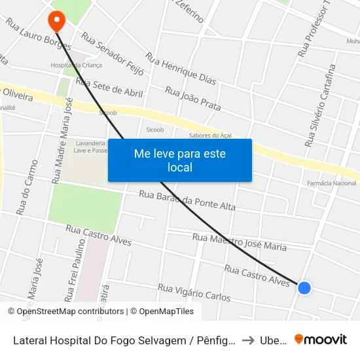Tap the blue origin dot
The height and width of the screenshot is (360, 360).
(x=304, y=287)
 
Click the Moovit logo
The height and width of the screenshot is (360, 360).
(x=321, y=340)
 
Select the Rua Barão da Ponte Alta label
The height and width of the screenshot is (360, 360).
(x=187, y=201)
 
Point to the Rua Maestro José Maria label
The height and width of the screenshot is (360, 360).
(x=240, y=242)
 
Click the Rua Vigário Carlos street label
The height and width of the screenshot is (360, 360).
(x=194, y=293)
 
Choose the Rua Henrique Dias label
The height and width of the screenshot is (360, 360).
(x=181, y=69)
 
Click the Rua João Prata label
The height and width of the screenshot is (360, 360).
(x=192, y=98)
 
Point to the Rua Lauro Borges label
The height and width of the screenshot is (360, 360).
(x=38, y=34)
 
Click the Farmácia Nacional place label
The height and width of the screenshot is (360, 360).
(x=331, y=183)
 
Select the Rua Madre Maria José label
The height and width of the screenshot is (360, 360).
(x=61, y=140)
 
